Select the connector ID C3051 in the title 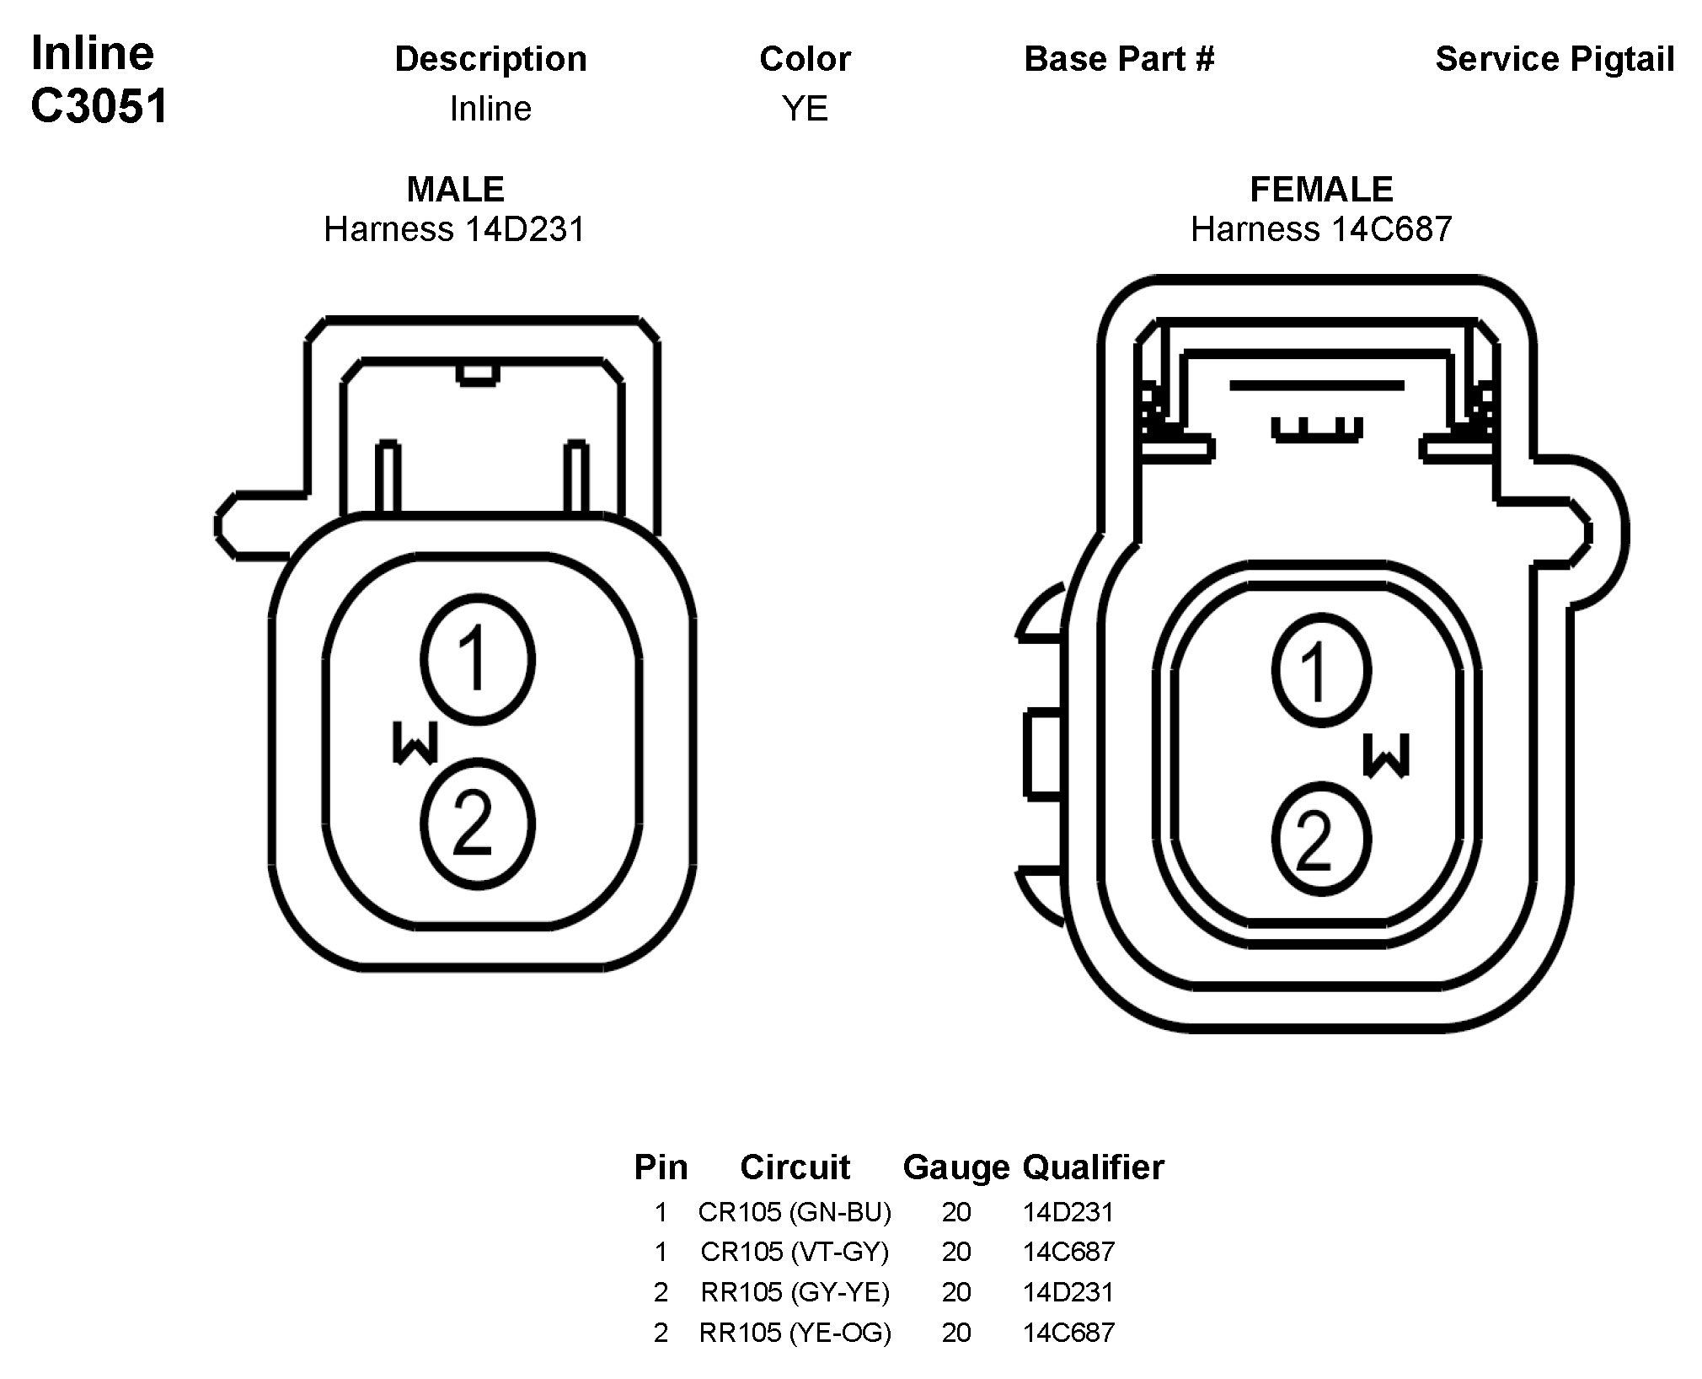99,107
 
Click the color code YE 805,108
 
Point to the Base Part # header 1119,58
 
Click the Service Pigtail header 1555,58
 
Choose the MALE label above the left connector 455,189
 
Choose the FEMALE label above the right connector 1321,189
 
